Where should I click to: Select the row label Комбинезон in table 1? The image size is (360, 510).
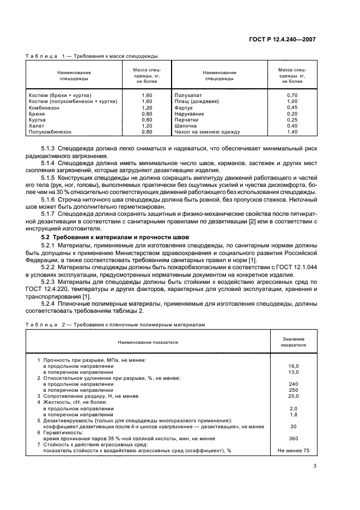[x=44, y=108]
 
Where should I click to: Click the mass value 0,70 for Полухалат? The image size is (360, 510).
[x=292, y=95]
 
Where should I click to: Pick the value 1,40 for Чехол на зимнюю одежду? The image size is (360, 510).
[x=292, y=131]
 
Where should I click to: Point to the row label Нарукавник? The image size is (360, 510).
[x=189, y=113]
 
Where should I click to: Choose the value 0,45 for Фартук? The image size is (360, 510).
[x=292, y=107]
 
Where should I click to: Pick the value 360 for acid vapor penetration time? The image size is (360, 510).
[x=294, y=438]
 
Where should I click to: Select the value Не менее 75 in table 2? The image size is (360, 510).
[x=294, y=451]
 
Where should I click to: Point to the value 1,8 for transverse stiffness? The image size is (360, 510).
[x=294, y=414]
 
